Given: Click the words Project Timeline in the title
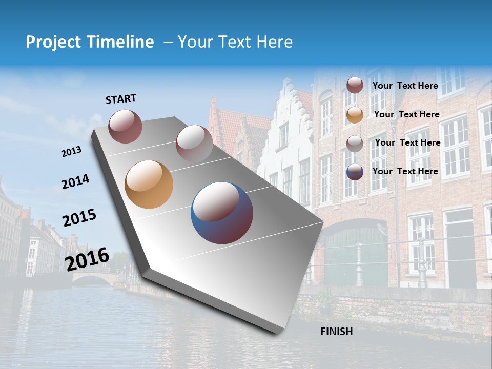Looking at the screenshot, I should coord(90,42).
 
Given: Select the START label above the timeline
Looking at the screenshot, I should coord(121,99).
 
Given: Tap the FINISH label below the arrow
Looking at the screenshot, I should coord(336,332).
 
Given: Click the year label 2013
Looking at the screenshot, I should coord(71,152).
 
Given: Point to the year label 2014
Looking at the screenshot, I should coord(75,182).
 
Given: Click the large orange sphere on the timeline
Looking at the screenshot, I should coord(149,184).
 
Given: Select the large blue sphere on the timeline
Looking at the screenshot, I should coord(222,213).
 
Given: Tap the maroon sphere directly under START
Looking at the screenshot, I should coord(125,126).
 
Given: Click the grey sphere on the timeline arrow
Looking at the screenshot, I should coord(194,143).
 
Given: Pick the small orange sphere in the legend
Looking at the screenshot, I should coord(355,115).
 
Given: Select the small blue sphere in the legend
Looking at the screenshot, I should coord(355,172).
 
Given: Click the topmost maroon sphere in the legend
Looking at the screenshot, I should coord(355,86).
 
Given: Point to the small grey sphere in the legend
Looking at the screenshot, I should coord(355,143).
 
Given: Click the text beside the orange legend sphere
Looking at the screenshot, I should coord(406,114).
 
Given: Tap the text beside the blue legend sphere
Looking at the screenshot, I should coord(405,171).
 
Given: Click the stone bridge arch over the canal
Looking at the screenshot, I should coord(92,280).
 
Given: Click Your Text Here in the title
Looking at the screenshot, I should coord(235,42).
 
